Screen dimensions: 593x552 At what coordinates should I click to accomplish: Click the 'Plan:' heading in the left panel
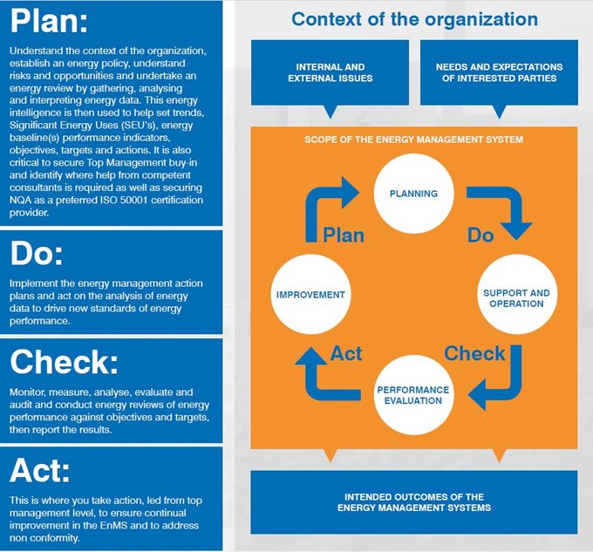point(49,21)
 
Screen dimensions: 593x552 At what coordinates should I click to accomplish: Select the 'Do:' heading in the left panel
point(37,253)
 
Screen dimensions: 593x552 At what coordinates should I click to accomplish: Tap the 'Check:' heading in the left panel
point(64,362)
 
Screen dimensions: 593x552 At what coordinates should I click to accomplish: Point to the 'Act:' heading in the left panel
point(40,470)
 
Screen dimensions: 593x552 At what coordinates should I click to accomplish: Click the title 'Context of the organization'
point(414,19)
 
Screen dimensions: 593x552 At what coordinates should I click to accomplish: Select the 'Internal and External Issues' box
point(331,72)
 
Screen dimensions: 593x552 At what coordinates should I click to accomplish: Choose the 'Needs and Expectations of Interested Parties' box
point(499,72)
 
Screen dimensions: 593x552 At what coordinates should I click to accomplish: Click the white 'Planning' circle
point(413,194)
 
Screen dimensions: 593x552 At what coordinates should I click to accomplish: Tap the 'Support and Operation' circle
point(517,294)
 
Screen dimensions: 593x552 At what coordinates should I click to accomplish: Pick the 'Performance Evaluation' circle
point(413,395)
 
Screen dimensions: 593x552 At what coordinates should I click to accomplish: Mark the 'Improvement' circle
point(310,294)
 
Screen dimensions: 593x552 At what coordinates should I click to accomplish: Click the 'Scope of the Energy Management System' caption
point(413,140)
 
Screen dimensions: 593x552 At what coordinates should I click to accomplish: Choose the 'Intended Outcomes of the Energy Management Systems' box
point(414,502)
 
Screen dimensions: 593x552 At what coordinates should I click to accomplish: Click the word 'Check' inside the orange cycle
point(474,353)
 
